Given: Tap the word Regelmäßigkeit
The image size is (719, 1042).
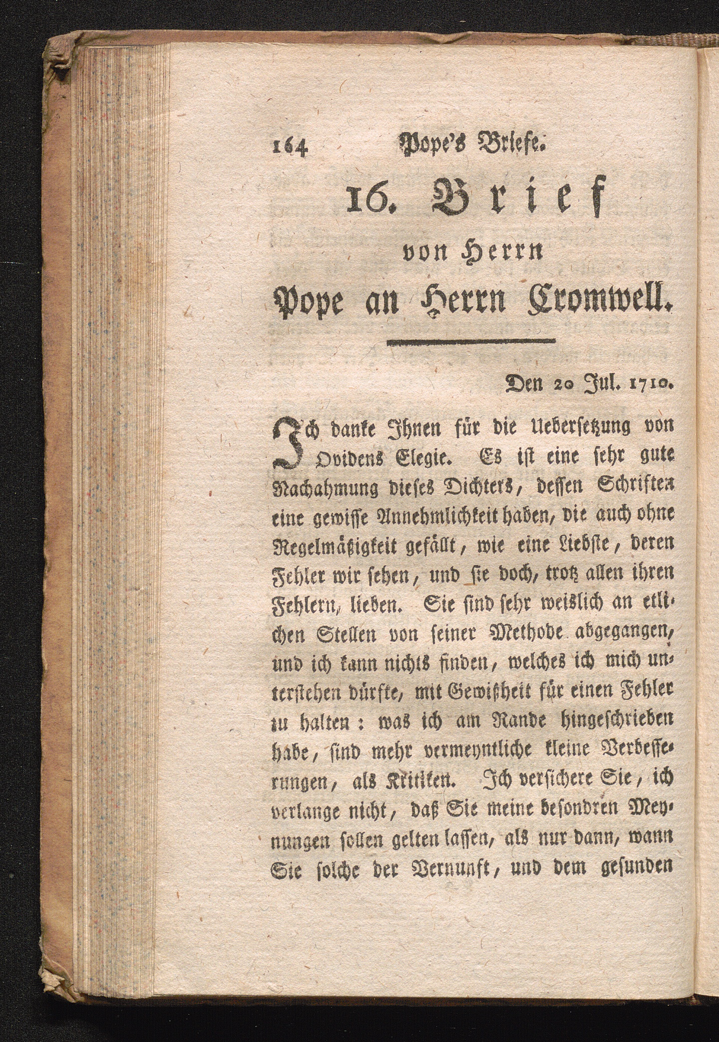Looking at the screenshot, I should pos(340,546).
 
